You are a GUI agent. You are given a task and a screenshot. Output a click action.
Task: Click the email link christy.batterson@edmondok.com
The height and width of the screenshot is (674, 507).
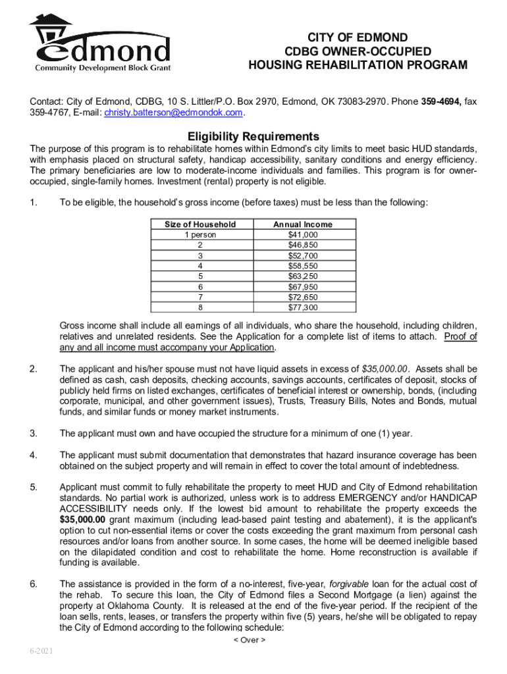click(x=173, y=113)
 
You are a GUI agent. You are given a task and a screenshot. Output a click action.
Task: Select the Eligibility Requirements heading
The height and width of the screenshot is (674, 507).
click(x=254, y=136)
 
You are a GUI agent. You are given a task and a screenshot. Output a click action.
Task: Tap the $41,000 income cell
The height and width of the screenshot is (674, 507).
click(x=303, y=234)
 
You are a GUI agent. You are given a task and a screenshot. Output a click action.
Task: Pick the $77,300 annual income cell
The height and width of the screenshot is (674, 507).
click(x=303, y=307)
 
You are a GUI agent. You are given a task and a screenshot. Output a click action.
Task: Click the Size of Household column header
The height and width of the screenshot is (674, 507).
click(x=200, y=224)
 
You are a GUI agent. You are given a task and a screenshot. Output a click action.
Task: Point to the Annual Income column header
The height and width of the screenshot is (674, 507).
click(x=303, y=224)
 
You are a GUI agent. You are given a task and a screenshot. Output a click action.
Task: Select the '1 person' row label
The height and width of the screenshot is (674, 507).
click(x=200, y=234)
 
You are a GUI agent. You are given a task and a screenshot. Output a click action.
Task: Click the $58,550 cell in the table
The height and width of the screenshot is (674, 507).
click(x=303, y=266)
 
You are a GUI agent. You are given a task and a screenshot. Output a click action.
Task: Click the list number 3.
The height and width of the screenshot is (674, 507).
click(x=33, y=433)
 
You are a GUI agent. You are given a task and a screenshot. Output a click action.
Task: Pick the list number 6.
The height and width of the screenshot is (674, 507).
click(x=33, y=584)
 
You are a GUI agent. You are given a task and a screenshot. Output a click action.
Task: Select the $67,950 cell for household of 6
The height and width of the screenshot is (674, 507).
click(x=303, y=286)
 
